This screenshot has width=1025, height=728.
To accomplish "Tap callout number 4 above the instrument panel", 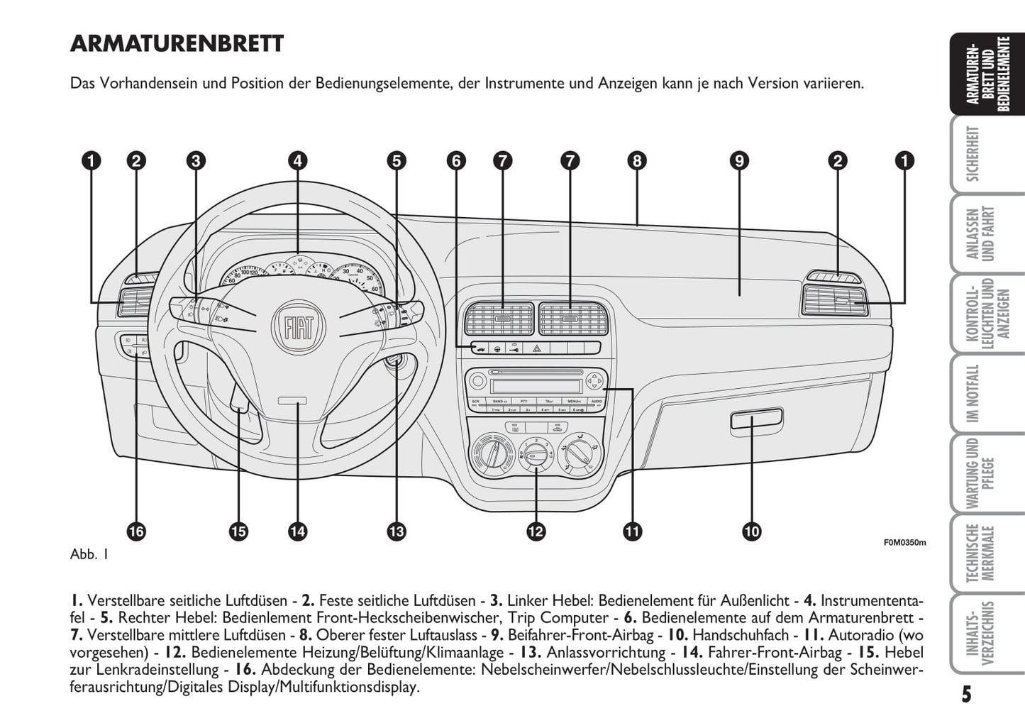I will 297,161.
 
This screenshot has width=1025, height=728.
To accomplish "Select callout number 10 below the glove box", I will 751,531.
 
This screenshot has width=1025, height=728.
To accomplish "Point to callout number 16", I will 136,531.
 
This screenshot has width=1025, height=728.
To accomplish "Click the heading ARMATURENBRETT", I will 177,44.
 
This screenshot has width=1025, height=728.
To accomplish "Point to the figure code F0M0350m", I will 904,542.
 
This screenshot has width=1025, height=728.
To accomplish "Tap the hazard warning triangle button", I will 537,348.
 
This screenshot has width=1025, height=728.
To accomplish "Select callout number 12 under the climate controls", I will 536,531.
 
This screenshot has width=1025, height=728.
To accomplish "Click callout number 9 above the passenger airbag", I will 738,161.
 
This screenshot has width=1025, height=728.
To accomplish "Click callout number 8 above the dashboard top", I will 636,161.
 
